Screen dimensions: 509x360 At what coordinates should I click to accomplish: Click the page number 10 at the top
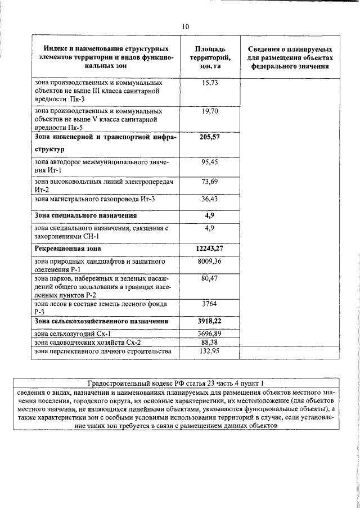click(186, 26)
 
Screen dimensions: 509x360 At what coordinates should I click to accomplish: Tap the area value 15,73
click(209, 83)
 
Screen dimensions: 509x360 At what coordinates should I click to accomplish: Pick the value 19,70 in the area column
click(209, 112)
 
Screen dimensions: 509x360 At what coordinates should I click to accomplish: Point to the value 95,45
click(209, 162)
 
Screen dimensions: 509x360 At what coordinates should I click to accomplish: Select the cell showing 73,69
click(209, 181)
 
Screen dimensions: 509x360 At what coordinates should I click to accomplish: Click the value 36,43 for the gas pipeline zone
click(209, 199)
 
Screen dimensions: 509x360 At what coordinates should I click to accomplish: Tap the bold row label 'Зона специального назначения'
click(85, 215)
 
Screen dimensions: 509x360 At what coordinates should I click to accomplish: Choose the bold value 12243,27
click(209, 248)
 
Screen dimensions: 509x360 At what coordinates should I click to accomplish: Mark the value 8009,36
click(209, 262)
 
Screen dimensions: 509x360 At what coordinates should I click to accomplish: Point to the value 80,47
click(209, 279)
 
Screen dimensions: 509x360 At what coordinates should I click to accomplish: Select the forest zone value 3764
click(209, 304)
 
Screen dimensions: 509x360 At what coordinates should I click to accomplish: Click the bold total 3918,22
click(209, 321)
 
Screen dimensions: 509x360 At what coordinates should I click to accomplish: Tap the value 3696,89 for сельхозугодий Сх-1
click(209, 334)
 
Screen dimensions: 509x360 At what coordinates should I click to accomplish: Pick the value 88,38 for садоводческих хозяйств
click(209, 342)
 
